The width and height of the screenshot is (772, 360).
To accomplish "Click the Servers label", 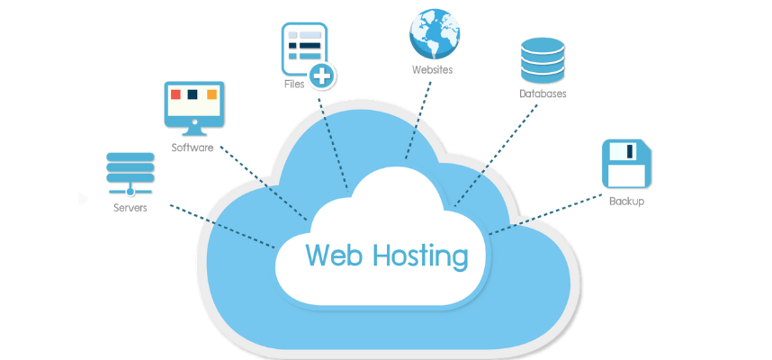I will [x=130, y=208].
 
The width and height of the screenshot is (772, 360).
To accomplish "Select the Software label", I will [x=193, y=148].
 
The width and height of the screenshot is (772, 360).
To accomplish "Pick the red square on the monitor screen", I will [x=176, y=94].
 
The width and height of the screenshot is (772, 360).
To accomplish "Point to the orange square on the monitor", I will [x=212, y=94].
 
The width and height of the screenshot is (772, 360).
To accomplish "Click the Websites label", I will [x=432, y=69].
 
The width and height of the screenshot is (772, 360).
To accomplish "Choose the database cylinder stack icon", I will [x=542, y=59].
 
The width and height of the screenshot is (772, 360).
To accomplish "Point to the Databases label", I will [x=543, y=94].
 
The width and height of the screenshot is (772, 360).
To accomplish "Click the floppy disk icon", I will [x=626, y=163].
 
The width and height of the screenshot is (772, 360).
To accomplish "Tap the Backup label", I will [x=626, y=202].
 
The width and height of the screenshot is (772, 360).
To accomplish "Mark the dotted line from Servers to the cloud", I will [x=221, y=226].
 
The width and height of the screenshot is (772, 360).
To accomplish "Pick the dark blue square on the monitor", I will [x=193, y=94].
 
